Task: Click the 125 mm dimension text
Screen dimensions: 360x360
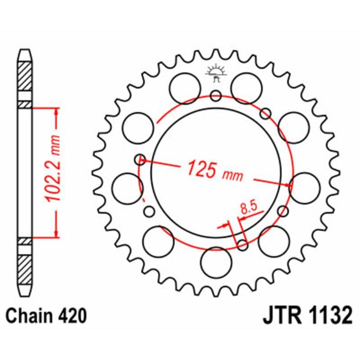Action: coord(215,170)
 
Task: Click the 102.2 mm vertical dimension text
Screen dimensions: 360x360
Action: coord(55,171)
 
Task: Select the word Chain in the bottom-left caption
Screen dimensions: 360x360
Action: coord(28,317)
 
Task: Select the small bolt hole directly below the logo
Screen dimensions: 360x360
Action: coord(216,95)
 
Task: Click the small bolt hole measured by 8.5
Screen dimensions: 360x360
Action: coord(242,245)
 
